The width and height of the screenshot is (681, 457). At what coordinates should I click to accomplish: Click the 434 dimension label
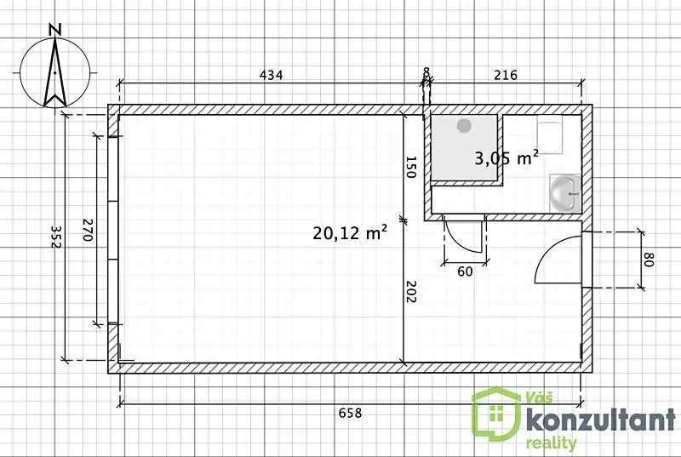tap(271, 75)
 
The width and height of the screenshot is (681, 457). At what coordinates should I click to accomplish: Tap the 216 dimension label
tap(506, 75)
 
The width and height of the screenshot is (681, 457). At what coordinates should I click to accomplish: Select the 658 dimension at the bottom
tap(350, 413)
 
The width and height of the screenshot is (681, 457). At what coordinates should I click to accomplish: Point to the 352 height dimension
tap(56, 237)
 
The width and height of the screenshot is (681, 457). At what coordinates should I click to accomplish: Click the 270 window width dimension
tap(88, 230)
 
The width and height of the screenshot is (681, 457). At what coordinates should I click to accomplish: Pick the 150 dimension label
tap(411, 167)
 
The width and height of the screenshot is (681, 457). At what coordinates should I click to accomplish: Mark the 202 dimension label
tap(411, 291)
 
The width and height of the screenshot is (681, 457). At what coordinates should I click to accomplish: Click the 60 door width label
tap(465, 271)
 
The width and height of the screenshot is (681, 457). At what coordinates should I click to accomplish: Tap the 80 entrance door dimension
tap(649, 260)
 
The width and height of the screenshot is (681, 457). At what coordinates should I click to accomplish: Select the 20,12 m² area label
tap(350, 233)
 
